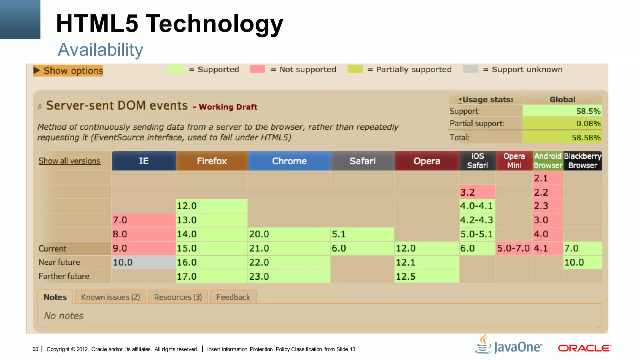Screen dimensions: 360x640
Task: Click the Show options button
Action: (x=68, y=71)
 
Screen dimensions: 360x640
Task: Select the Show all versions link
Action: (x=69, y=161)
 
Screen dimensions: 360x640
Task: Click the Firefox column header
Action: (x=212, y=161)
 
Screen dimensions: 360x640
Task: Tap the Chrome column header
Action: (x=289, y=161)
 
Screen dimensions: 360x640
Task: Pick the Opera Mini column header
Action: (x=514, y=161)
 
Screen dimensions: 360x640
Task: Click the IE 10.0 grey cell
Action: (x=144, y=262)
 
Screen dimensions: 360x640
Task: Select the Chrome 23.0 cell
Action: (x=289, y=276)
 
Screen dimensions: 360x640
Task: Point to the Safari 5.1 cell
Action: (x=362, y=234)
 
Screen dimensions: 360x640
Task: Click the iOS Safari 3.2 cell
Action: (x=477, y=192)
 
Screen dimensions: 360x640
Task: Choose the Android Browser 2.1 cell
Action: (x=547, y=178)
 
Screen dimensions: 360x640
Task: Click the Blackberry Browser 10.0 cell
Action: (x=582, y=262)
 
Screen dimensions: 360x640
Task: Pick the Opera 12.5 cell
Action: (x=427, y=276)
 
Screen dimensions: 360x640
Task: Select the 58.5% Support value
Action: (x=562, y=111)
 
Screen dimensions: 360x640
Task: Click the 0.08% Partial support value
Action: (x=562, y=123)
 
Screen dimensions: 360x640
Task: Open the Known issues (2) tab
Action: (x=110, y=297)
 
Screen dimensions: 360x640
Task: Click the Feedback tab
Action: (x=233, y=297)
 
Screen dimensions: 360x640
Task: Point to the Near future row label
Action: (x=59, y=262)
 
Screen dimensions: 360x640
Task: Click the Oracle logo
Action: (x=584, y=348)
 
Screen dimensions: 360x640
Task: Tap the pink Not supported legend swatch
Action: (x=257, y=69)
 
